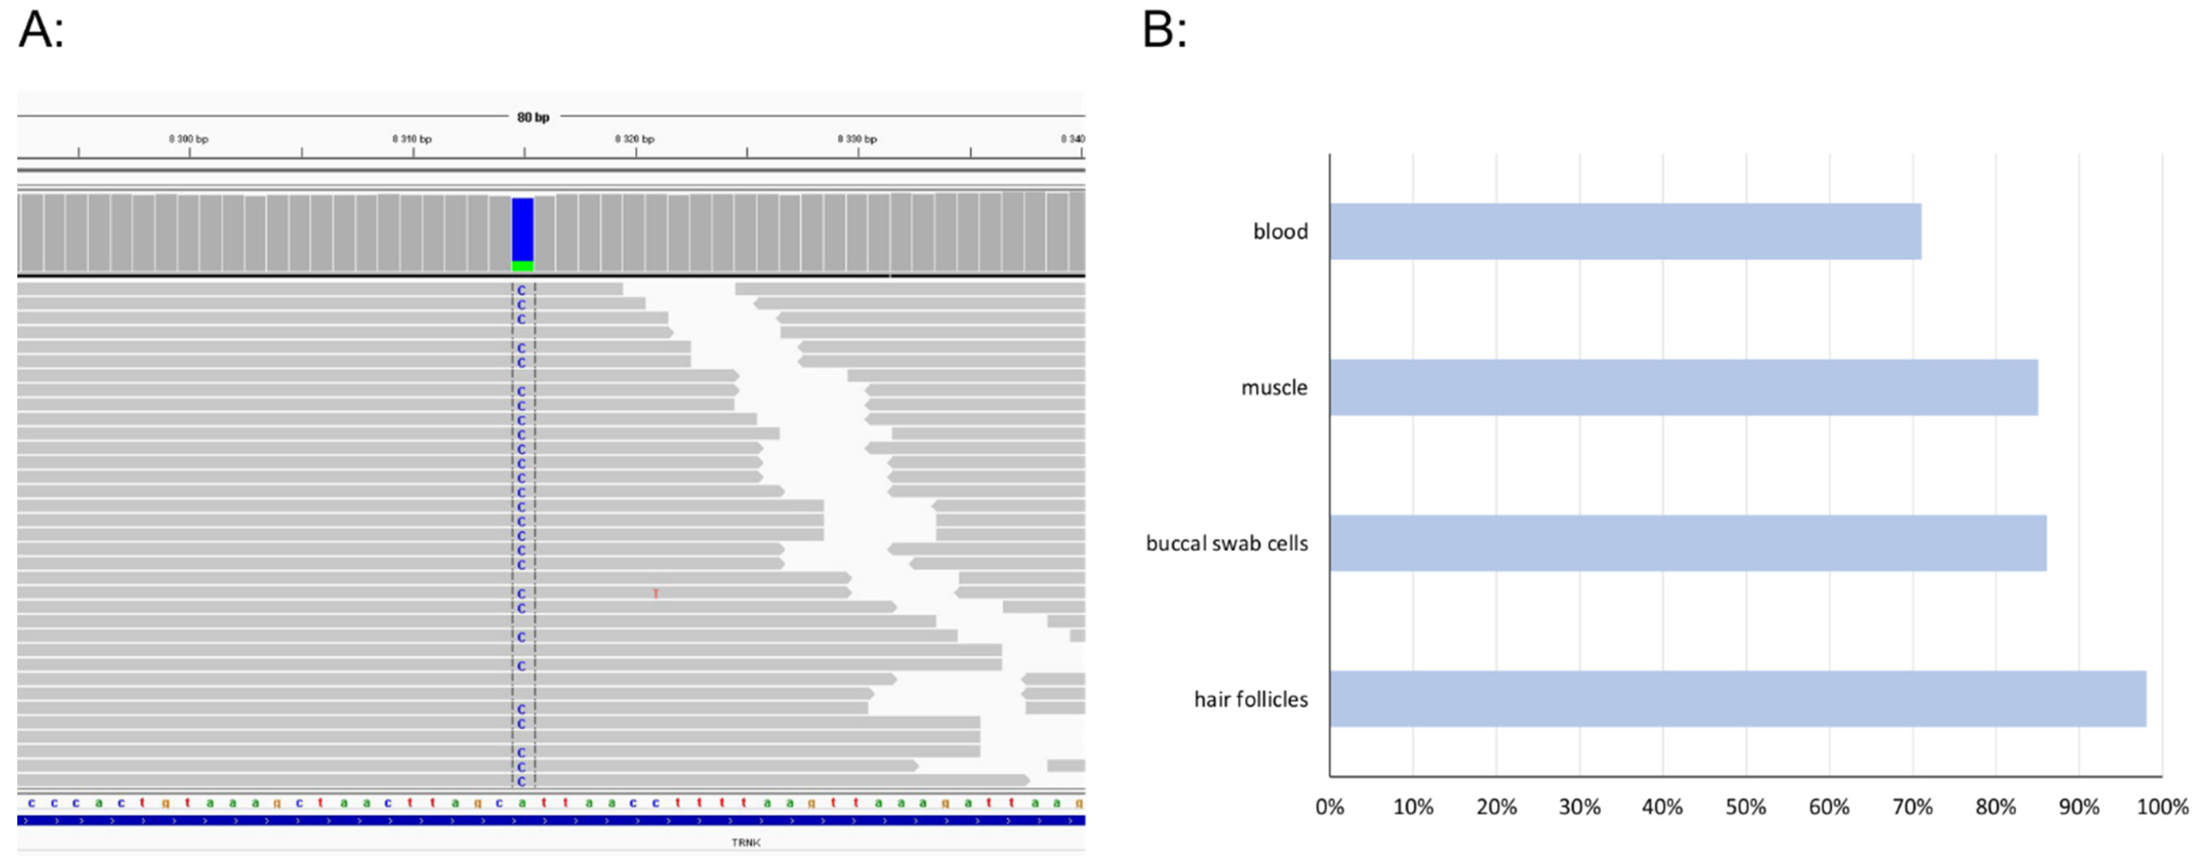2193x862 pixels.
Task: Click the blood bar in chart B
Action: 1624,232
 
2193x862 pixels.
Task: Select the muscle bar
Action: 1683,387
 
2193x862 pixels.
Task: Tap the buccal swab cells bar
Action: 1687,543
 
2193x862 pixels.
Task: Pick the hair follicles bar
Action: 1737,699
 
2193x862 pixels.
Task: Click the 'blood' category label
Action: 1280,232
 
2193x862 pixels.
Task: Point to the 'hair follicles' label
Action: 1250,699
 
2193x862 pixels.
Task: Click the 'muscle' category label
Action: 1274,387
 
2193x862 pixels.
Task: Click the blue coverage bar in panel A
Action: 523,229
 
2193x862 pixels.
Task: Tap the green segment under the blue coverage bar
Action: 523,266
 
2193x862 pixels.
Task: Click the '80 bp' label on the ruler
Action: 533,118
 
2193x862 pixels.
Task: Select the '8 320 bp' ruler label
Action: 635,139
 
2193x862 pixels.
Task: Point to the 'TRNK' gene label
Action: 746,842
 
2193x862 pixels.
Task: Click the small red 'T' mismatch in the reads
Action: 656,594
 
